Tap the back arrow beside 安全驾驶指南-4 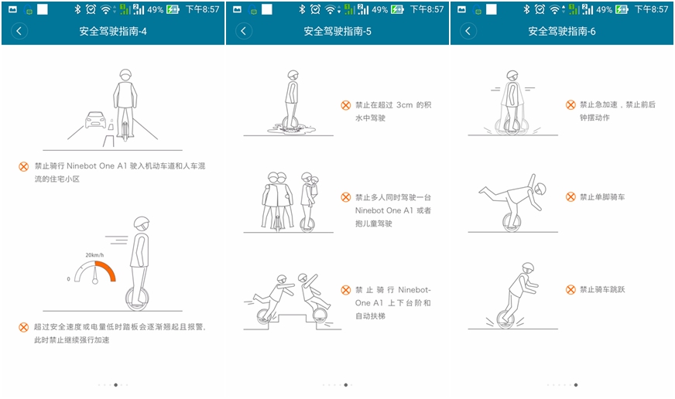point(19,31)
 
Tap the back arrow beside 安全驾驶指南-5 point(244,31)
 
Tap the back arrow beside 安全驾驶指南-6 point(468,31)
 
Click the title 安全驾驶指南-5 point(337,31)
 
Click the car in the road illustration point(95,120)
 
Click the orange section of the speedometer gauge point(106,270)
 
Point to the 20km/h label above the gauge point(94,255)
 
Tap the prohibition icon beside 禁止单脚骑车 point(570,197)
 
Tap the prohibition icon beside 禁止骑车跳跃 point(570,289)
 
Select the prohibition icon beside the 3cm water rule point(346,105)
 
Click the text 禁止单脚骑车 point(601,197)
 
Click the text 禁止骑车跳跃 point(601,289)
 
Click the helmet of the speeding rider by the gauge point(141,223)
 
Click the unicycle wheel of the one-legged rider point(512,222)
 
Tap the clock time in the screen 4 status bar point(202,9)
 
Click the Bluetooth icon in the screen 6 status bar point(526,9)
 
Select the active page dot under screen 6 point(576,385)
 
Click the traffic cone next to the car point(111,124)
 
